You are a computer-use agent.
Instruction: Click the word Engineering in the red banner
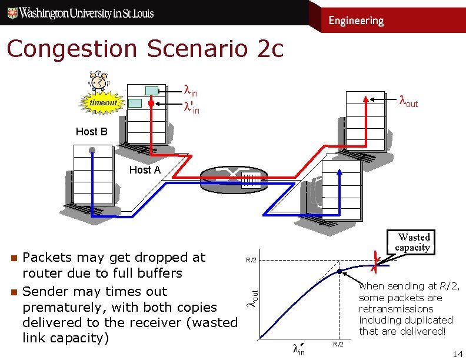tap(356, 21)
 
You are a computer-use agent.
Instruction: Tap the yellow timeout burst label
tap(103, 103)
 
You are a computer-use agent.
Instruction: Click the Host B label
tap(92, 132)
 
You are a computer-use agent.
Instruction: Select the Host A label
tap(145, 170)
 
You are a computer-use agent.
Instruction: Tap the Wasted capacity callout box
tap(414, 242)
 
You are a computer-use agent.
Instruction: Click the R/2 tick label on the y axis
tap(251, 259)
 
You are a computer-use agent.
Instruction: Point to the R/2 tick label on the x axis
tap(338, 344)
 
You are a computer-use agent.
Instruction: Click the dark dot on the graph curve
tap(340, 271)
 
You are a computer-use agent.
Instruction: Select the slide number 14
tap(457, 354)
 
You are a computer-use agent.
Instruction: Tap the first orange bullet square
tap(13, 258)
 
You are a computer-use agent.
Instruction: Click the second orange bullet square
tap(13, 292)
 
